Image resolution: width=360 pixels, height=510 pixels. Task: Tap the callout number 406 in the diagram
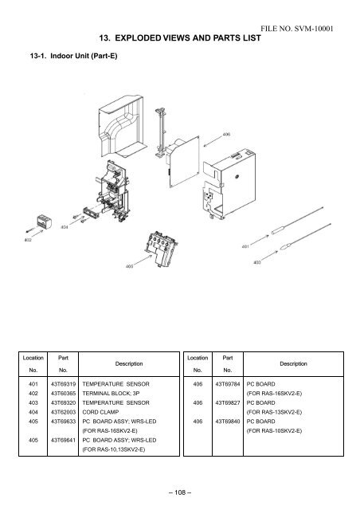[x=226, y=135]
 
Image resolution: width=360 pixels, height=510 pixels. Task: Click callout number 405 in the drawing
[x=129, y=265]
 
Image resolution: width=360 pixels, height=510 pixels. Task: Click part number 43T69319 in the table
[x=64, y=382]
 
